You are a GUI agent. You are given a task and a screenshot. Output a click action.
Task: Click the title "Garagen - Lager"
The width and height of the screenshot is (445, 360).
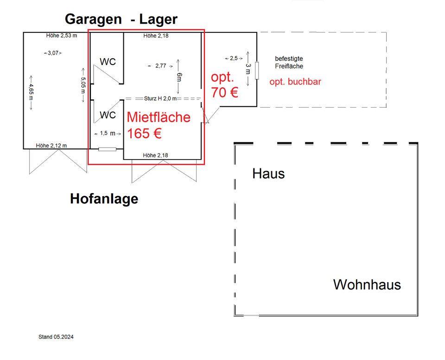pyautogui.click(x=121, y=19)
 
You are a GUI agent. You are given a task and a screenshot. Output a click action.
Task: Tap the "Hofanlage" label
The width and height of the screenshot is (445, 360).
pyautogui.click(x=104, y=199)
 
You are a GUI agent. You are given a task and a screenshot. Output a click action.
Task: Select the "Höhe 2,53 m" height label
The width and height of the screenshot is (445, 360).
pyautogui.click(x=62, y=35)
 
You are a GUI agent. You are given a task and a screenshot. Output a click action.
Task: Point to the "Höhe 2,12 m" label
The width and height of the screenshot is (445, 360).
pyautogui.click(x=51, y=146)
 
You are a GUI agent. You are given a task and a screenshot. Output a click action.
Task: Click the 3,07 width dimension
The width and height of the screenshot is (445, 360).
pyautogui.click(x=52, y=53)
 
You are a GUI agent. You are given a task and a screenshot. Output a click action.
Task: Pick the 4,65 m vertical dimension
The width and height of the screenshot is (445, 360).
pyautogui.click(x=31, y=93)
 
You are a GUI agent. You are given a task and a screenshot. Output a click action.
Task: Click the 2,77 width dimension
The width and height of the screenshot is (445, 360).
pyautogui.click(x=160, y=66)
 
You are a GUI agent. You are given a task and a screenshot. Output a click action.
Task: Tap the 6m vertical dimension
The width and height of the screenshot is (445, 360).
pyautogui.click(x=178, y=77)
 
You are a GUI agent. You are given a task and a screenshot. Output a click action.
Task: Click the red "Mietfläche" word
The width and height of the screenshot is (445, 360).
pyautogui.click(x=159, y=117)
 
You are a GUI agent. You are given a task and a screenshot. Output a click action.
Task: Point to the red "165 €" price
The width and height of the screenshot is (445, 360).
pyautogui.click(x=144, y=134)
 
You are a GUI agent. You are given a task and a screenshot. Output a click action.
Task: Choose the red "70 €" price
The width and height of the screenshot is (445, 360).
pyautogui.click(x=225, y=92)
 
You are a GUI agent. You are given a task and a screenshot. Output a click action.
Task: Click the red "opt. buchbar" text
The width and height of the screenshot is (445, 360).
pyautogui.click(x=295, y=82)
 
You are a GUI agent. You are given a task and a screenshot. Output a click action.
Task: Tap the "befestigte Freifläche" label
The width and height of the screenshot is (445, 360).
pyautogui.click(x=289, y=63)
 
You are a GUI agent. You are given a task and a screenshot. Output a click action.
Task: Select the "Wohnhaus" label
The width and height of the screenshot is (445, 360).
pyautogui.click(x=367, y=284)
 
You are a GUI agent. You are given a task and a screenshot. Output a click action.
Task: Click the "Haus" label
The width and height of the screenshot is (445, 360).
pyautogui.click(x=268, y=174)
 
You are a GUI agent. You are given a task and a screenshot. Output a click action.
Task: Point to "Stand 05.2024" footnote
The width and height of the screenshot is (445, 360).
pyautogui.click(x=56, y=337)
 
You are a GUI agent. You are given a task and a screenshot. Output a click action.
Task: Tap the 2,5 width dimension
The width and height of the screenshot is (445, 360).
pyautogui.click(x=234, y=58)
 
